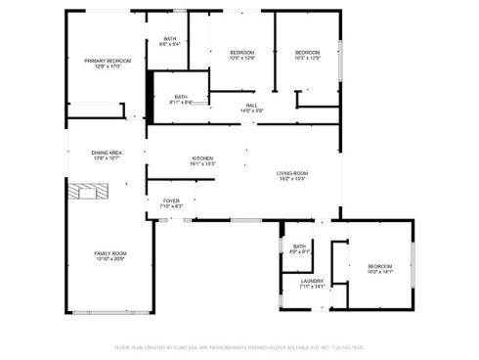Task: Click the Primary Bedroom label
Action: pyautogui.click(x=108, y=61)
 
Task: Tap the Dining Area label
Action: pyautogui.click(x=107, y=153)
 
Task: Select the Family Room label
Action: pyautogui.click(x=110, y=253)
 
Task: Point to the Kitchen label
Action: pyautogui.click(x=202, y=158)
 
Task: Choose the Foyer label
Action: pyautogui.click(x=170, y=202)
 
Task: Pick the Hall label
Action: pyautogui.click(x=251, y=105)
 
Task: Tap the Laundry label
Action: pyautogui.click(x=312, y=281)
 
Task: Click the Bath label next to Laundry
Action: pyautogui.click(x=299, y=247)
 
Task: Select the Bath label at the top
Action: pyautogui.click(x=170, y=39)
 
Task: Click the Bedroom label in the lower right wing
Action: pyautogui.click(x=379, y=266)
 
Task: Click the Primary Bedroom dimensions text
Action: pyautogui.click(x=108, y=67)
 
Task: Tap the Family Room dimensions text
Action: pyautogui.click(x=110, y=259)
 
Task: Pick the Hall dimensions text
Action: pyautogui.click(x=251, y=111)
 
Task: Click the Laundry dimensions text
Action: pyautogui.click(x=312, y=287)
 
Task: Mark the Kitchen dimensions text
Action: pyautogui.click(x=202, y=164)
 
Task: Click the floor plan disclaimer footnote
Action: pyautogui.click(x=239, y=347)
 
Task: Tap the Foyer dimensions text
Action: pyautogui.click(x=170, y=207)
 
